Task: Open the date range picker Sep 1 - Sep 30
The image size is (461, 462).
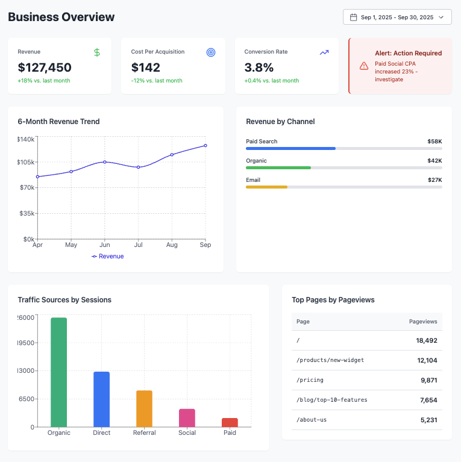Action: tap(397, 17)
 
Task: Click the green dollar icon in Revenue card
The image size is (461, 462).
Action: tap(97, 52)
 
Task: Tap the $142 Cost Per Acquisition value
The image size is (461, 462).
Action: tap(145, 67)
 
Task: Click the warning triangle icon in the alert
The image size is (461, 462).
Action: tap(364, 66)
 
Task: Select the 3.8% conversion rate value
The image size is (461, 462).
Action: tap(259, 67)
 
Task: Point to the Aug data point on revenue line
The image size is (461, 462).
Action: tap(172, 155)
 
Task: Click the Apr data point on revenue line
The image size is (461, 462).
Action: tap(37, 176)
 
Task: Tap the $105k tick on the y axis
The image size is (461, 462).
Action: tap(26, 162)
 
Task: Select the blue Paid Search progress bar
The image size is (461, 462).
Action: tap(290, 148)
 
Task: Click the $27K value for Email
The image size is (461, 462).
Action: tap(434, 180)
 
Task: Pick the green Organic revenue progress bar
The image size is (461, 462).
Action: tap(278, 167)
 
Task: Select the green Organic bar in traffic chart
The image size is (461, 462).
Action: tap(58, 372)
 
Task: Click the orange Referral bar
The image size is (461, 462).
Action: tap(144, 408)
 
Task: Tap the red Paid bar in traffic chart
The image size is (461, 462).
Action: tap(230, 422)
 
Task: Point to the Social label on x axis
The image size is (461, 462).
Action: tap(187, 433)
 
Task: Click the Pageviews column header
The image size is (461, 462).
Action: tap(423, 322)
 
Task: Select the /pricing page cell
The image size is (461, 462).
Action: tap(310, 380)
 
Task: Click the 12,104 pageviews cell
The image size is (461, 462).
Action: tap(427, 360)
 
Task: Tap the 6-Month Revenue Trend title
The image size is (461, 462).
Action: tap(58, 122)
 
